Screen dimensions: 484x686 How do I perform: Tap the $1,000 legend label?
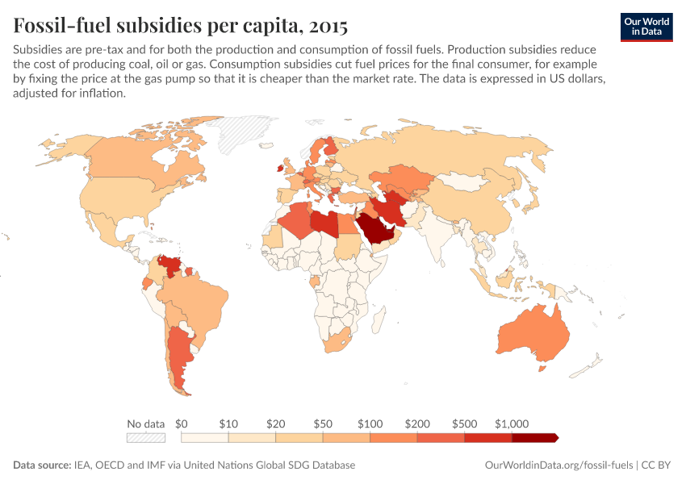[512, 423]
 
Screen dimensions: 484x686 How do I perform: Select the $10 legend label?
[228, 423]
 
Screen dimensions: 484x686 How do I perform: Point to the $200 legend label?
[417, 423]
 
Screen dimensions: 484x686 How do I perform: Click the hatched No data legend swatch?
[146, 438]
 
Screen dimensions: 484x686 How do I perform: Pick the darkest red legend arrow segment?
[534, 438]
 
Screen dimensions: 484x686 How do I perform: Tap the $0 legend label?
[182, 423]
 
